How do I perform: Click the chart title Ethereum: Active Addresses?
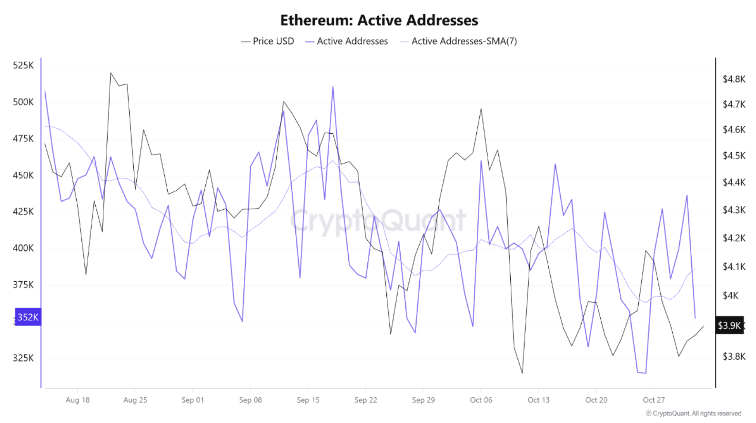[x=379, y=20]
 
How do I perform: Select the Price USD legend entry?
[x=268, y=41]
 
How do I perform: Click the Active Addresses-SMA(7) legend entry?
[x=458, y=41]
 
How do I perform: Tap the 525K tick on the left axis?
[x=23, y=65]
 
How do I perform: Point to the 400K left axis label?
[x=23, y=248]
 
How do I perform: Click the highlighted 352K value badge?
[x=28, y=317]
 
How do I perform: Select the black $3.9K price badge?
[x=729, y=325]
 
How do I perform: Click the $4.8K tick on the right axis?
[x=734, y=79]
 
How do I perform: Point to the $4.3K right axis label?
[x=734, y=210]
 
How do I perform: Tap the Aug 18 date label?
[x=78, y=400]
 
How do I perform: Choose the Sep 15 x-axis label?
[x=308, y=400]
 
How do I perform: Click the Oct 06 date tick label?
[x=481, y=400]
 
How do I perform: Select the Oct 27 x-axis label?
[x=654, y=400]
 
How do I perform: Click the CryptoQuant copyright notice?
[x=694, y=413]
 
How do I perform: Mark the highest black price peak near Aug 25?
[x=111, y=73]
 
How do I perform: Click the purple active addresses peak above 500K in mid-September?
[x=333, y=87]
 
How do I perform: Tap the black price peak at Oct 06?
[x=481, y=109]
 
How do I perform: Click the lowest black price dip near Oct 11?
[x=522, y=373]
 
